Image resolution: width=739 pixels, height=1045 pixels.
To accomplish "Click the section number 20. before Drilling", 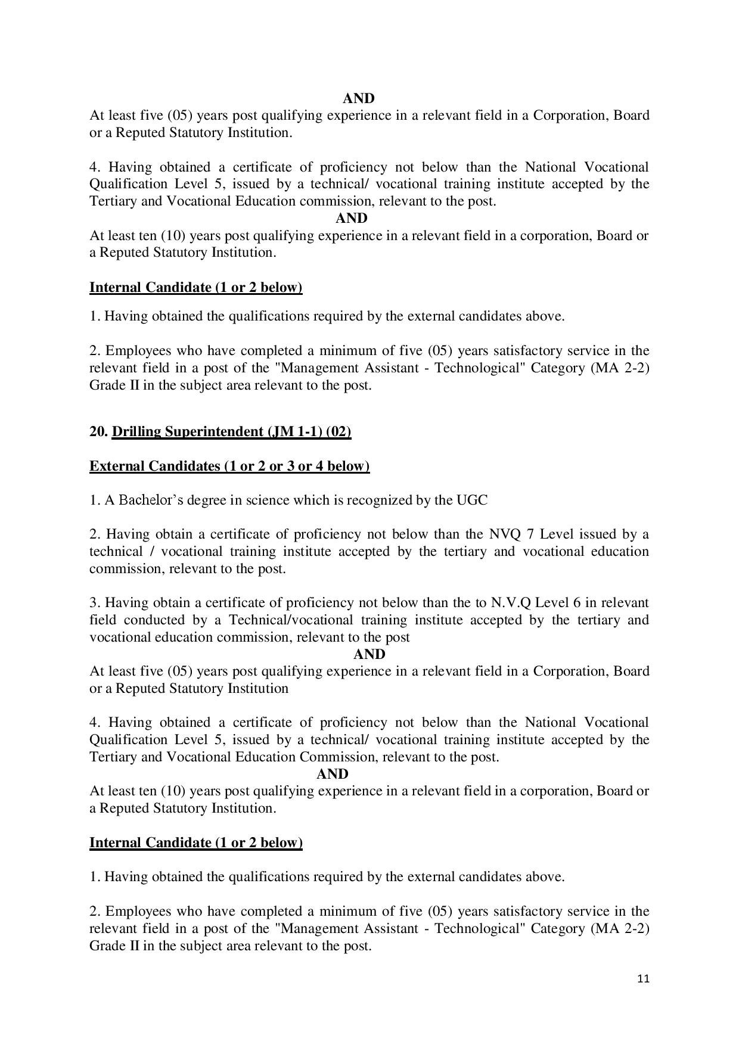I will click(98, 431).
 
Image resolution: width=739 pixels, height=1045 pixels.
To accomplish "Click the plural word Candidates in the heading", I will click(184, 466).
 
